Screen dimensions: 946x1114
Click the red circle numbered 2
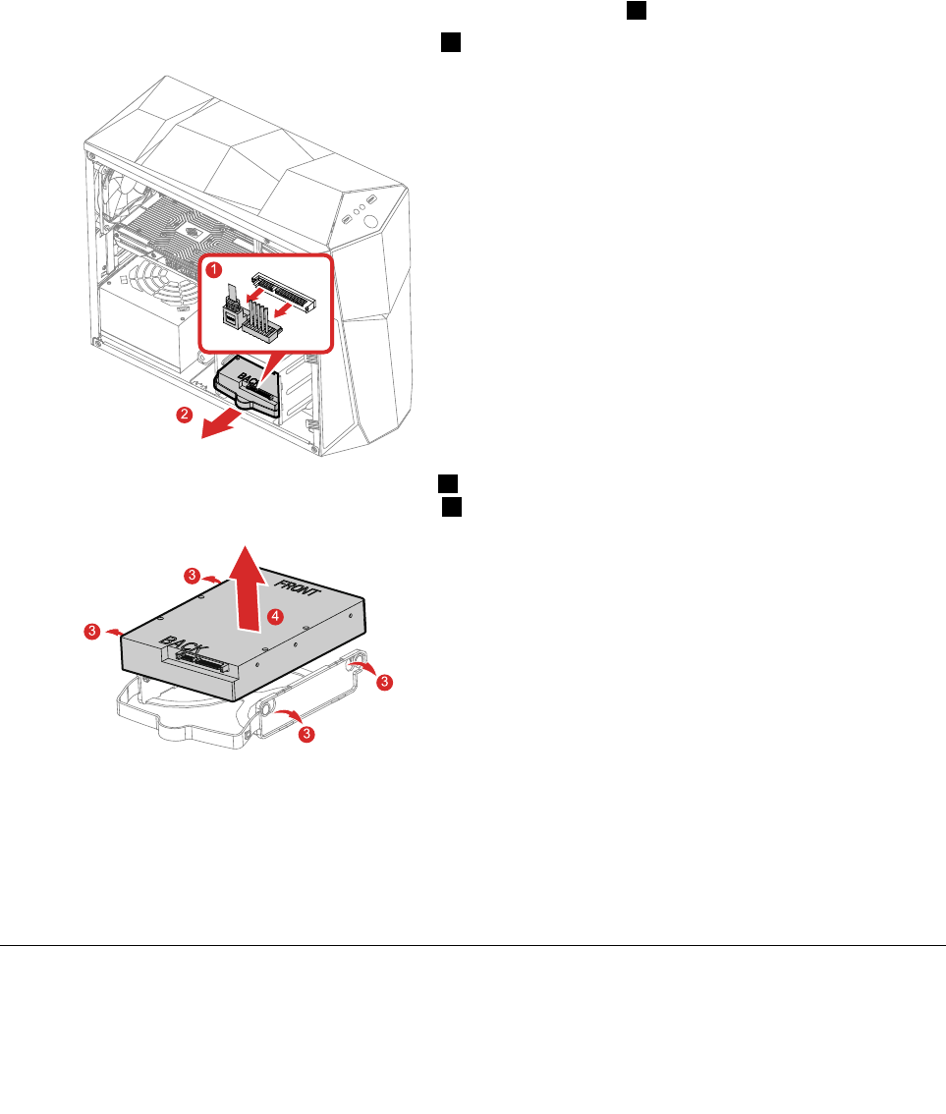[184, 415]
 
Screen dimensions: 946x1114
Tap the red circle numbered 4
[276, 616]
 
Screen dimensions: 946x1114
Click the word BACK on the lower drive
[188, 647]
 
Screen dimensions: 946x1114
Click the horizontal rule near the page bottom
[473, 946]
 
